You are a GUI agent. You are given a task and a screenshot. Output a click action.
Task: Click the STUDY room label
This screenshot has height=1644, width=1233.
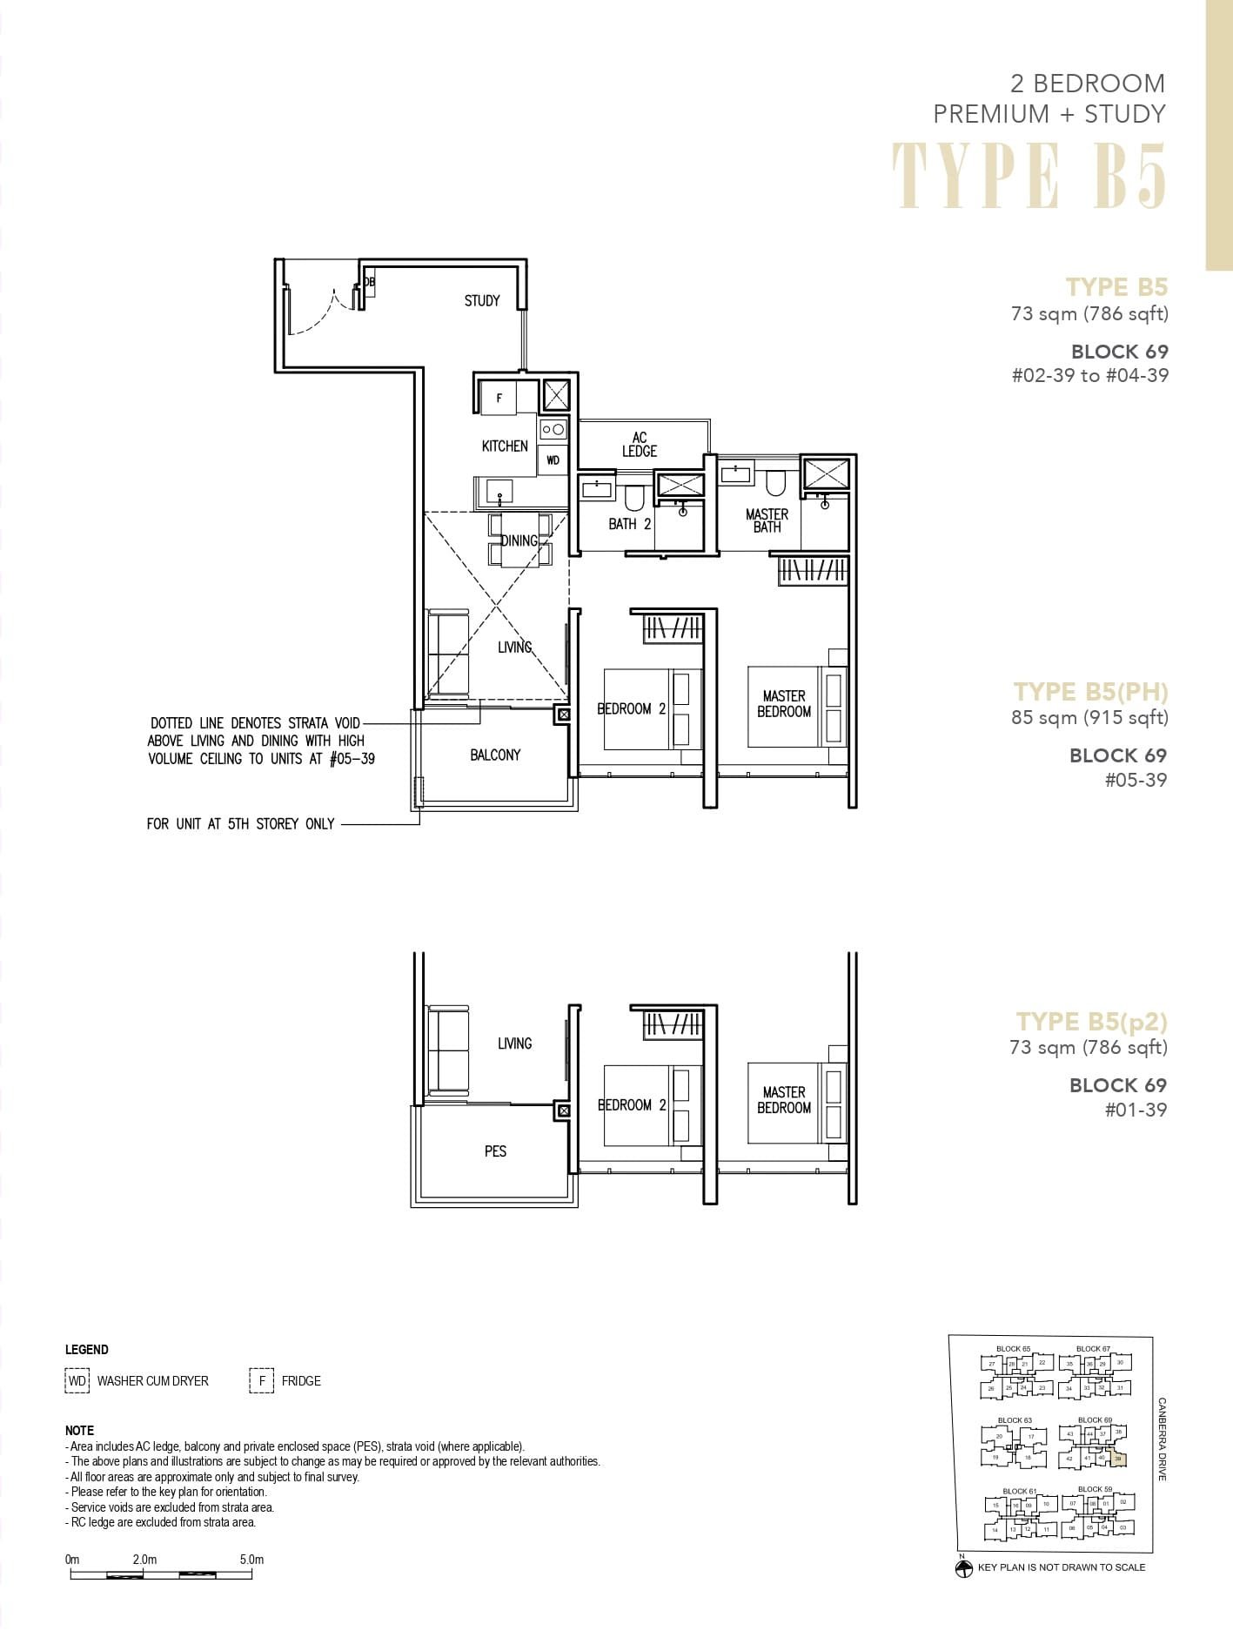pos(481,301)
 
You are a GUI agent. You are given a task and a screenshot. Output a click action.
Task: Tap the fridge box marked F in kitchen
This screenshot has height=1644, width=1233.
pos(499,399)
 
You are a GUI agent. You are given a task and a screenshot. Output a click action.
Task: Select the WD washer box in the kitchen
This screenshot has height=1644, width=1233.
pos(553,460)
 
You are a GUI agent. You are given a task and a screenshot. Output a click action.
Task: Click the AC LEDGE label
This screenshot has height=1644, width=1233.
pos(640,445)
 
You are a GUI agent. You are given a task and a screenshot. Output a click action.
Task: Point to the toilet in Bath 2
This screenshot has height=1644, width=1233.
pos(633,497)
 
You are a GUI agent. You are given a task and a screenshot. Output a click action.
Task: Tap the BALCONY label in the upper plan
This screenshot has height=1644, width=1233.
pos(495,755)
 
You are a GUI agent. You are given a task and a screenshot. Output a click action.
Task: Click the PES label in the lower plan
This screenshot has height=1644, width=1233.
pos(495,1151)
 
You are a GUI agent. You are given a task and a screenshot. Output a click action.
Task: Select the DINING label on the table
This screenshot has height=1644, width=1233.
pos(519,540)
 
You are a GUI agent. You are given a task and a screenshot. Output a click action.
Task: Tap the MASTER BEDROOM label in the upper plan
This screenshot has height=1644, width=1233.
pos(784,703)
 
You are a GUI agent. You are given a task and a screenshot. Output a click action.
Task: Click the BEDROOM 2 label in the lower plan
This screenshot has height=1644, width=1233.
pos(632,1105)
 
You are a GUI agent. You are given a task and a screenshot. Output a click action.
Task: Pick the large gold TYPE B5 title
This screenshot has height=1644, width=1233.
pos(1029,176)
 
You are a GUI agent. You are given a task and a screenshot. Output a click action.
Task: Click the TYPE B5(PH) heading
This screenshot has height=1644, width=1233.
pos(1090,692)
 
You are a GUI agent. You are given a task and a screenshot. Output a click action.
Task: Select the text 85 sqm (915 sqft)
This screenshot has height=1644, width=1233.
pos(1089,718)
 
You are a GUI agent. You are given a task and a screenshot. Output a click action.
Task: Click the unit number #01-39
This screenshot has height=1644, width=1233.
pos(1136,1110)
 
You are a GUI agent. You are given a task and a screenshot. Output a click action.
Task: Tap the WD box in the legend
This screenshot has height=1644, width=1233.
pos(77,1381)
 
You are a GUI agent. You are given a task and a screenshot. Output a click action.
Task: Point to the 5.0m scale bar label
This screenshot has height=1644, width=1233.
pos(251,1560)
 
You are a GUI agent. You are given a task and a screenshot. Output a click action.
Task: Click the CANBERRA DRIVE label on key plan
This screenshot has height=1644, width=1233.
pos(1163,1439)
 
